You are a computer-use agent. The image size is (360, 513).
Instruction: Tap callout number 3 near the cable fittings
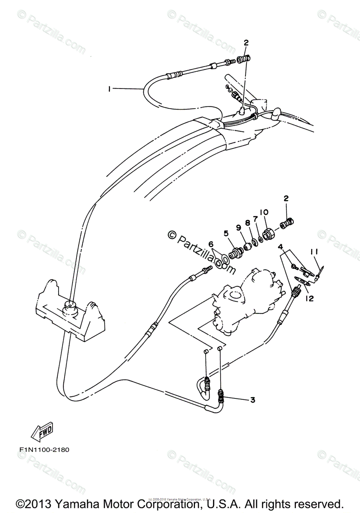[x=253, y=400]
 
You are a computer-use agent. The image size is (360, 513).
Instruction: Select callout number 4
[x=280, y=247]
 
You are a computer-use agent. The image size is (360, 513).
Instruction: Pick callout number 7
[x=255, y=219]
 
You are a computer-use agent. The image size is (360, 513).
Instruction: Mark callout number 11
[x=314, y=253]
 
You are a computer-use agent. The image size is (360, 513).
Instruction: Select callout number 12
[x=309, y=298]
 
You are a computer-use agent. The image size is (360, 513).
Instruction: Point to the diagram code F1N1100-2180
[x=44, y=450]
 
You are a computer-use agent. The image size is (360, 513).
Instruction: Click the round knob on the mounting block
[x=69, y=306]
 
